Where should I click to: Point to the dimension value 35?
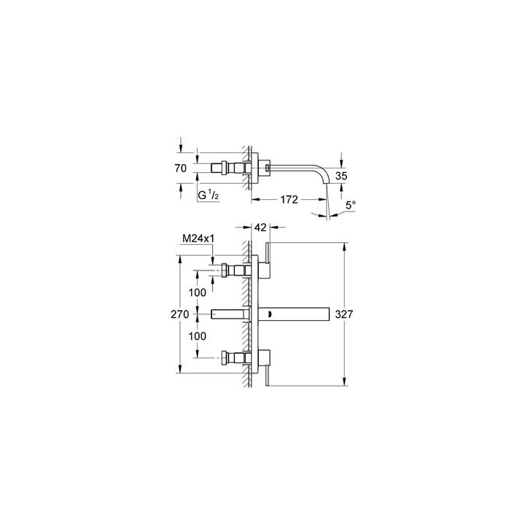pyautogui.click(x=340, y=176)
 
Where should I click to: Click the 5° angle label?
pyautogui.click(x=351, y=206)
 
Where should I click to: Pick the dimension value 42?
pyautogui.click(x=260, y=227)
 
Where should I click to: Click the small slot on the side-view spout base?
pyautogui.click(x=268, y=168)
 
